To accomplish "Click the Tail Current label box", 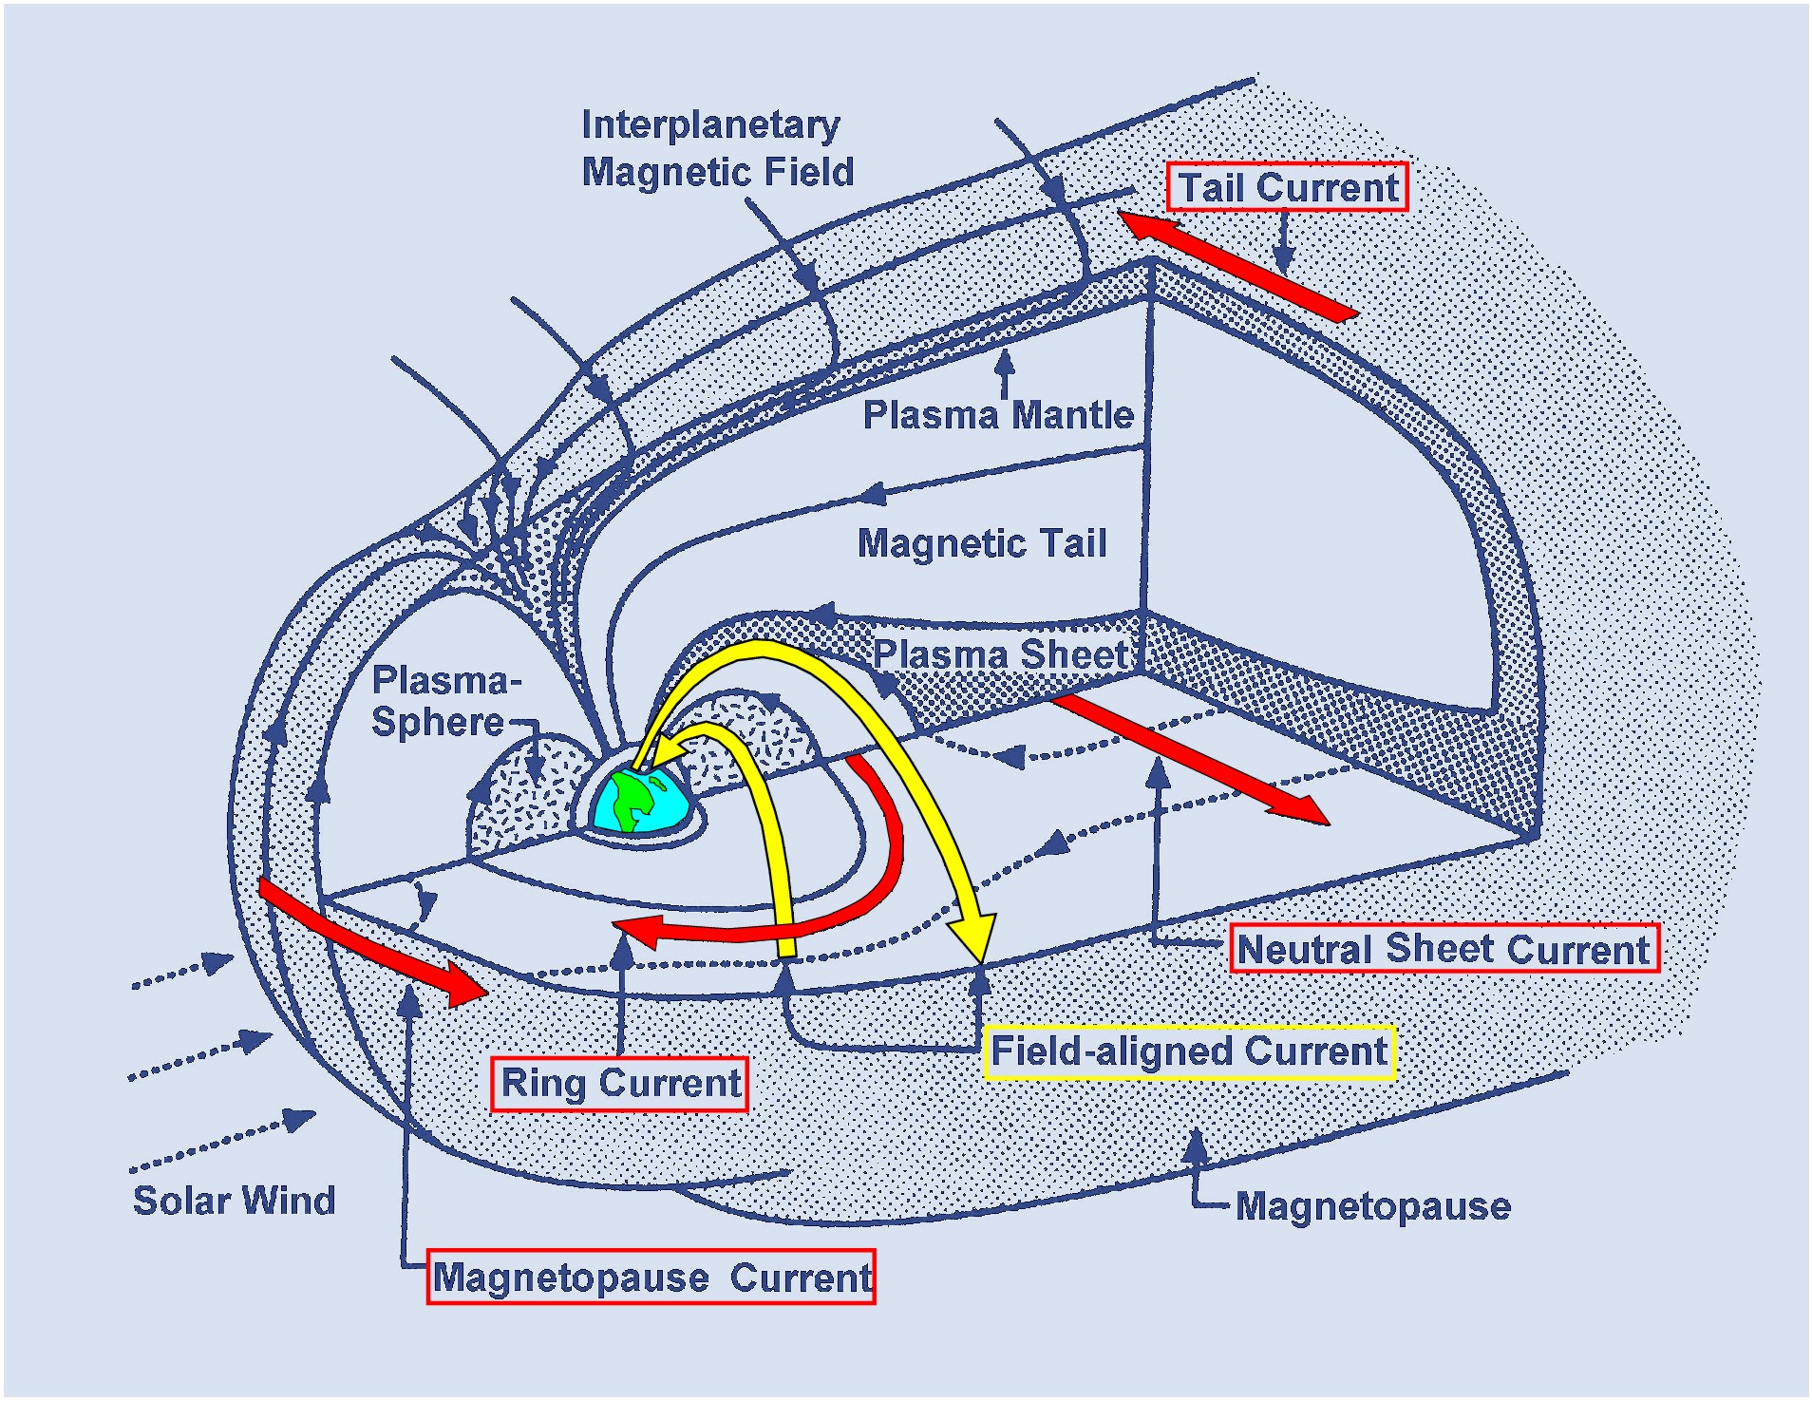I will (1287, 187).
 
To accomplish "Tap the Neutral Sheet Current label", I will (1444, 949).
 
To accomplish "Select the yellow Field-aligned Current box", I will (1189, 1051).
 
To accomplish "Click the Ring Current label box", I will (619, 1084).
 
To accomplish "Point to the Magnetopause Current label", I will (651, 1278).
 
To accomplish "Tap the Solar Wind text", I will (234, 1201).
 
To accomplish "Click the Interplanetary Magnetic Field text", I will (717, 149).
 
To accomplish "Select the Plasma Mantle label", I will (997, 415).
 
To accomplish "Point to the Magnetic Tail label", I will (982, 543).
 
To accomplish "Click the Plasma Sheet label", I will (999, 654).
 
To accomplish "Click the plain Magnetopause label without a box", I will (1372, 1206).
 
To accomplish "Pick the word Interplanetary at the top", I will (710, 125).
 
